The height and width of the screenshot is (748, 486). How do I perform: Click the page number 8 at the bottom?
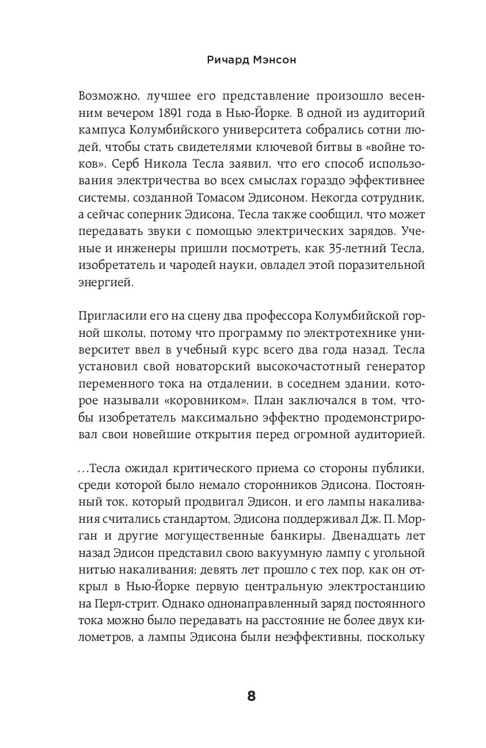(251, 696)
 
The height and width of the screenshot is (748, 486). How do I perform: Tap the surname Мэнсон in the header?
(269, 59)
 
